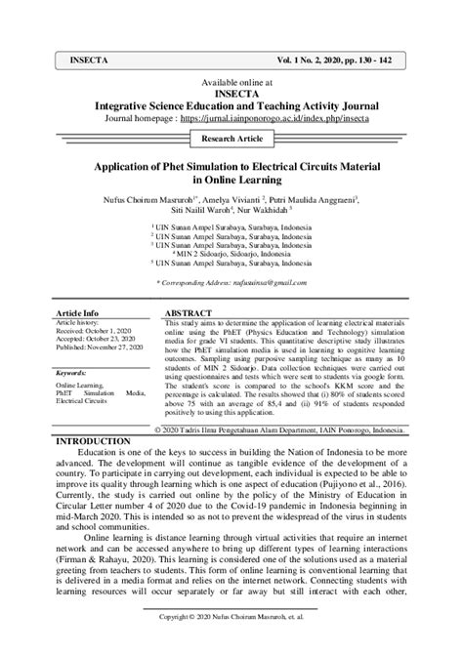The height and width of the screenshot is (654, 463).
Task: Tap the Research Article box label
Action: tap(231, 140)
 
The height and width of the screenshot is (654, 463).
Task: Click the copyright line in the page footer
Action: tap(231, 618)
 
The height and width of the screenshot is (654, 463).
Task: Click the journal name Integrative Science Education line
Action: tap(231, 103)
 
